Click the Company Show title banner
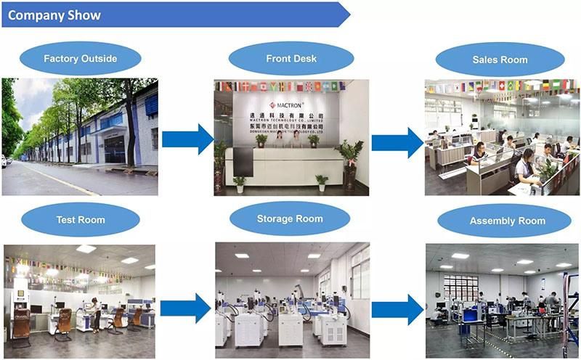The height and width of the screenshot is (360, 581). tap(174, 15)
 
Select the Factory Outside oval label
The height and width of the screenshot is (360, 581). tap(80, 59)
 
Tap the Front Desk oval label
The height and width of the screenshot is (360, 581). tap(290, 59)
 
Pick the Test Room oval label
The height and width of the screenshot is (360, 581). tap(80, 220)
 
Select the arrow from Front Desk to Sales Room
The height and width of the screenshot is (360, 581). tap(397, 142)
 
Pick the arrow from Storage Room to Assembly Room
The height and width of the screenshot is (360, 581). tap(397, 309)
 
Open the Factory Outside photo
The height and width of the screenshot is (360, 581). tap(80, 136)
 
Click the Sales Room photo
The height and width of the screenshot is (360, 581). tap(502, 136)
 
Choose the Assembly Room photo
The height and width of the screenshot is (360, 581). tap(502, 300)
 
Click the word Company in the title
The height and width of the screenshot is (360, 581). tap(35, 15)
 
